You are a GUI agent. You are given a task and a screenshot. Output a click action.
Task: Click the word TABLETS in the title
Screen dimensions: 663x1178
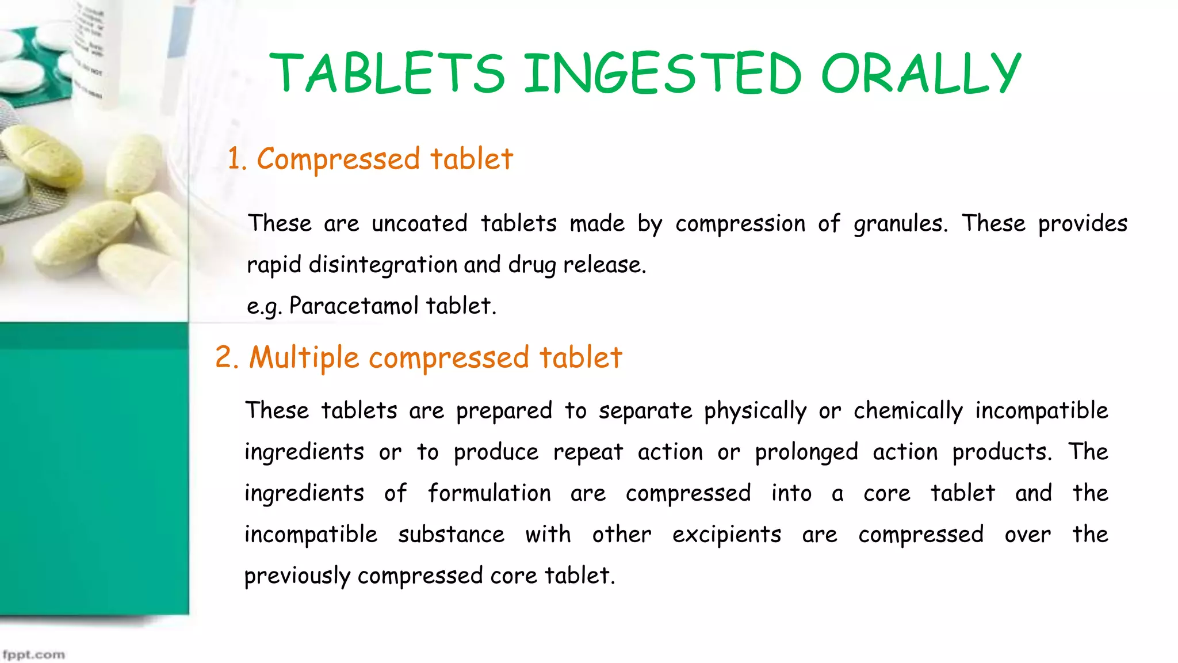(387, 73)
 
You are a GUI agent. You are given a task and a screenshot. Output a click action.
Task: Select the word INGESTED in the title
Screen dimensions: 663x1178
(662, 73)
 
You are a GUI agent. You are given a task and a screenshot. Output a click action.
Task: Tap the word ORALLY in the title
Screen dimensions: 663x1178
(921, 73)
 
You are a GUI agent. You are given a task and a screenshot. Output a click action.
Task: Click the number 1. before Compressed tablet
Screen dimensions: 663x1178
(236, 159)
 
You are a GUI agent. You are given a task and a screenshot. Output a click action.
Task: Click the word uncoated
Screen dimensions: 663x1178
(419, 223)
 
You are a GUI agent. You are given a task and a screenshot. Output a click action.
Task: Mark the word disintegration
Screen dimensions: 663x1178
(383, 265)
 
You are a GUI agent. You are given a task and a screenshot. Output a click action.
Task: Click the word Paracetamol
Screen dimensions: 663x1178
(353, 306)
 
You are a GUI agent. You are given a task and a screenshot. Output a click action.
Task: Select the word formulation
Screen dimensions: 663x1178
(489, 494)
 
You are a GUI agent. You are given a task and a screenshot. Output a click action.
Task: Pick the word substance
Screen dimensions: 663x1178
(451, 535)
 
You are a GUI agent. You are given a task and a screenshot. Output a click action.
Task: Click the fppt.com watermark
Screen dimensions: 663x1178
(33, 655)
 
